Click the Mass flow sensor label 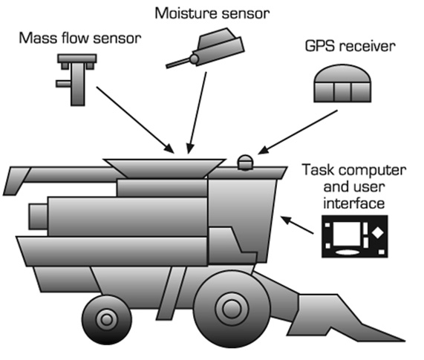[80, 38]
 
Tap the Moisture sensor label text [212, 13]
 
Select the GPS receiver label [350, 46]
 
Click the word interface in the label [354, 203]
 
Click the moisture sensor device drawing [206, 48]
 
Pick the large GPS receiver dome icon [342, 83]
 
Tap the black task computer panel [355, 236]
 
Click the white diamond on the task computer [378, 233]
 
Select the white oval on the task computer [347, 252]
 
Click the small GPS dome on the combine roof [245, 163]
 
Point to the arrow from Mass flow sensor [135, 120]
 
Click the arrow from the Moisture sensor [197, 113]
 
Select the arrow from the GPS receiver [298, 132]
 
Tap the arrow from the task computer [297, 225]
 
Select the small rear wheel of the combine [107, 320]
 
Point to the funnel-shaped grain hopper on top [164, 168]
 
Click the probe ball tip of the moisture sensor [194, 59]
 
